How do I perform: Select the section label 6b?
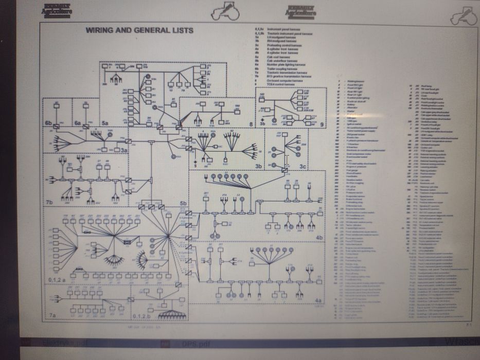[x=48, y=123]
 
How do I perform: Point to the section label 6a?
[x=78, y=123]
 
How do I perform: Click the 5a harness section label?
[x=104, y=123]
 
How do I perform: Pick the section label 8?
[x=251, y=124]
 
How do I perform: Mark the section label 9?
[x=322, y=124]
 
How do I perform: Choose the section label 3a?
[x=123, y=150]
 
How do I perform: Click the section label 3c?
[x=303, y=167]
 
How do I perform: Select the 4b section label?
[x=319, y=238]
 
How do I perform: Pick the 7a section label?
[x=52, y=314]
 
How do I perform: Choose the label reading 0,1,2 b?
[x=141, y=315]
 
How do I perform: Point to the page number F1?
[x=469, y=325]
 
